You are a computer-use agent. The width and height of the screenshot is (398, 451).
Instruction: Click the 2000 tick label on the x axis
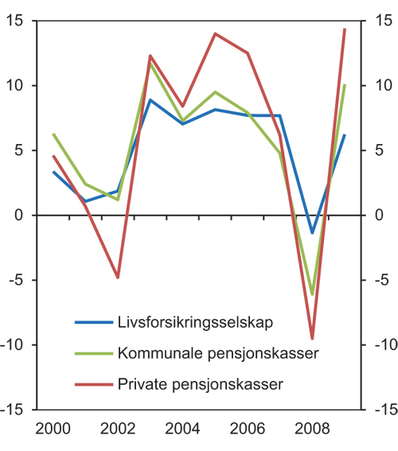coord(53,428)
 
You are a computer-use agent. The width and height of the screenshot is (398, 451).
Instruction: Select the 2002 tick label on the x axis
coord(118,428)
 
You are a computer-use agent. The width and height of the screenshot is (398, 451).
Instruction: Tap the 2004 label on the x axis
coord(183,428)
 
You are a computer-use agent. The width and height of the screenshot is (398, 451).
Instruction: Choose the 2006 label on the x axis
coord(248,428)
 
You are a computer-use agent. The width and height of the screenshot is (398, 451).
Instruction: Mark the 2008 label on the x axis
coord(312,428)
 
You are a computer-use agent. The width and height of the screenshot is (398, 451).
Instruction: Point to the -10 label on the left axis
coord(14,344)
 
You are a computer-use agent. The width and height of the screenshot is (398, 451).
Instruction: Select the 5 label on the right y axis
coord(378,150)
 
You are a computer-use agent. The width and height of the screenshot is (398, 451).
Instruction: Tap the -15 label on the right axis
coord(383,409)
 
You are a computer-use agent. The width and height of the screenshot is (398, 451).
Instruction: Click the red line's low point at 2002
coord(118,278)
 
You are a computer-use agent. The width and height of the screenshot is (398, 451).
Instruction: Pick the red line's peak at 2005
coord(215,33)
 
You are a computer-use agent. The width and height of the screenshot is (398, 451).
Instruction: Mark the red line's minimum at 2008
coord(312,339)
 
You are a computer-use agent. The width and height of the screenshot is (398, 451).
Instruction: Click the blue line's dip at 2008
coord(312,233)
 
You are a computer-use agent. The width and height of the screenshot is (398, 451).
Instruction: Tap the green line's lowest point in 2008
coord(312,294)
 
